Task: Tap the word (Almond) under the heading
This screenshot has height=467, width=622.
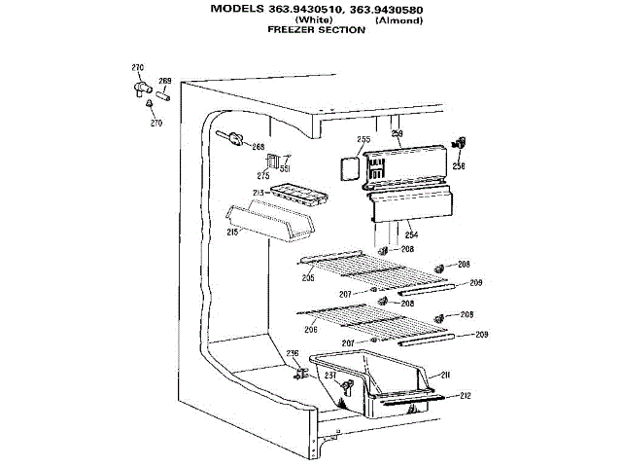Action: (x=398, y=20)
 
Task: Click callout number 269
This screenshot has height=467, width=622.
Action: (x=165, y=81)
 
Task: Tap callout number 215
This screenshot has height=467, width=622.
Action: (x=232, y=233)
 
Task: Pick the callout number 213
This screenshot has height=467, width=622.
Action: (x=259, y=195)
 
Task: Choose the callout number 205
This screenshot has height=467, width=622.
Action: (x=308, y=278)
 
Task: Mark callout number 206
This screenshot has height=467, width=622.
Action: (x=311, y=330)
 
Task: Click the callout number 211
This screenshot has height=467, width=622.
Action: (x=445, y=375)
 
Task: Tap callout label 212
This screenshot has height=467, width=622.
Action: (x=466, y=395)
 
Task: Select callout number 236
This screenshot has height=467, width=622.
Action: (x=292, y=353)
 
